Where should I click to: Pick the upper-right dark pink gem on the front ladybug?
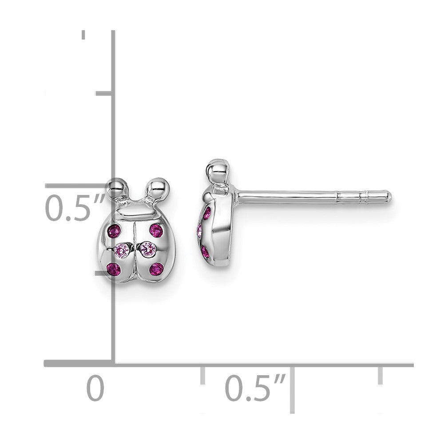point(156,230)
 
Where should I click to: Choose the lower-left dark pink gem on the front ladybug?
point(114,269)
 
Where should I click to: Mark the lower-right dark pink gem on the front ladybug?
point(156,269)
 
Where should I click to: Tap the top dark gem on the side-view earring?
point(206,214)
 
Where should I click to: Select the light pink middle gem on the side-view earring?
point(200,231)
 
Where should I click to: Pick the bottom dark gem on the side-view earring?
point(205,252)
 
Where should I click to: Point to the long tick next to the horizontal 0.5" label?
point(292,389)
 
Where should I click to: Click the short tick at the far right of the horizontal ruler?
point(380,375)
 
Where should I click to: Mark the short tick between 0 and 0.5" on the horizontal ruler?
point(202,375)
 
